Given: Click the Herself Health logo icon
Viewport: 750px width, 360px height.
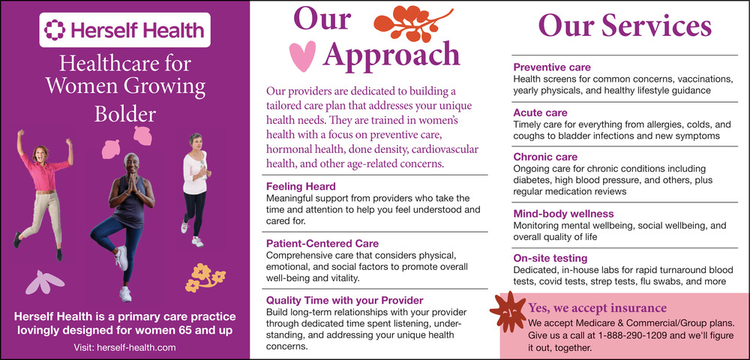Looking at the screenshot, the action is pos(54,29).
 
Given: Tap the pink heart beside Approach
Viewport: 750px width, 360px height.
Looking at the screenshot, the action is pos(303,56).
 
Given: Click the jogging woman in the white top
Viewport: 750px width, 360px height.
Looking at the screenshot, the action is pos(195,189).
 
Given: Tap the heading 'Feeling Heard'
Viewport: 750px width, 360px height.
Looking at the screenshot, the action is pos(301,186).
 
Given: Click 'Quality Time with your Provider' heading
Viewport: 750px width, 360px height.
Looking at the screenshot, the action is pos(344,300).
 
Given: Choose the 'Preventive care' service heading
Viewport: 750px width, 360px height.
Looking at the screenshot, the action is pos(551,67).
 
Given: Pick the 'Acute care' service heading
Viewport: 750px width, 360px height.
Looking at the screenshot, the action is pos(540,112).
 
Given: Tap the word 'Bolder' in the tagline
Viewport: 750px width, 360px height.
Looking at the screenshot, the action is pos(124,114).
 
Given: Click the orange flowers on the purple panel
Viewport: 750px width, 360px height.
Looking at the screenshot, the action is pos(205,277).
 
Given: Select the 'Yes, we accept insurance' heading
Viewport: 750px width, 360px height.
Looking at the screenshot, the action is pos(597,307).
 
